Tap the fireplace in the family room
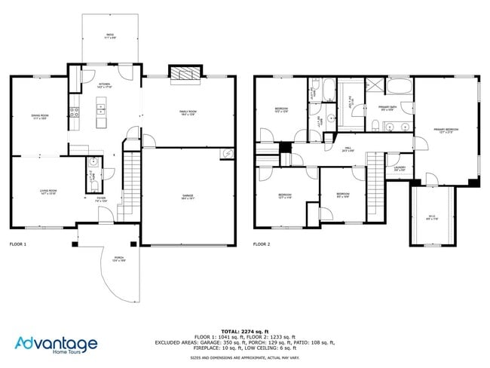pos(185,74)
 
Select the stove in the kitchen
pos(75,112)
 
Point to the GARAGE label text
pos(188,196)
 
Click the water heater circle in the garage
pos(227,154)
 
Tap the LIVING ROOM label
pos(48,192)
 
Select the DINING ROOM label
pos(40,117)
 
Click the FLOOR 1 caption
pos(17,244)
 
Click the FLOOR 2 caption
pos(261,244)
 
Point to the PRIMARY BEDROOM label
pos(446,130)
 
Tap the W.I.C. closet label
pos(431,217)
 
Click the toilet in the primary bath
pos(375,126)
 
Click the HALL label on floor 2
pos(348,149)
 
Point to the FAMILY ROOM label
pos(188,112)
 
